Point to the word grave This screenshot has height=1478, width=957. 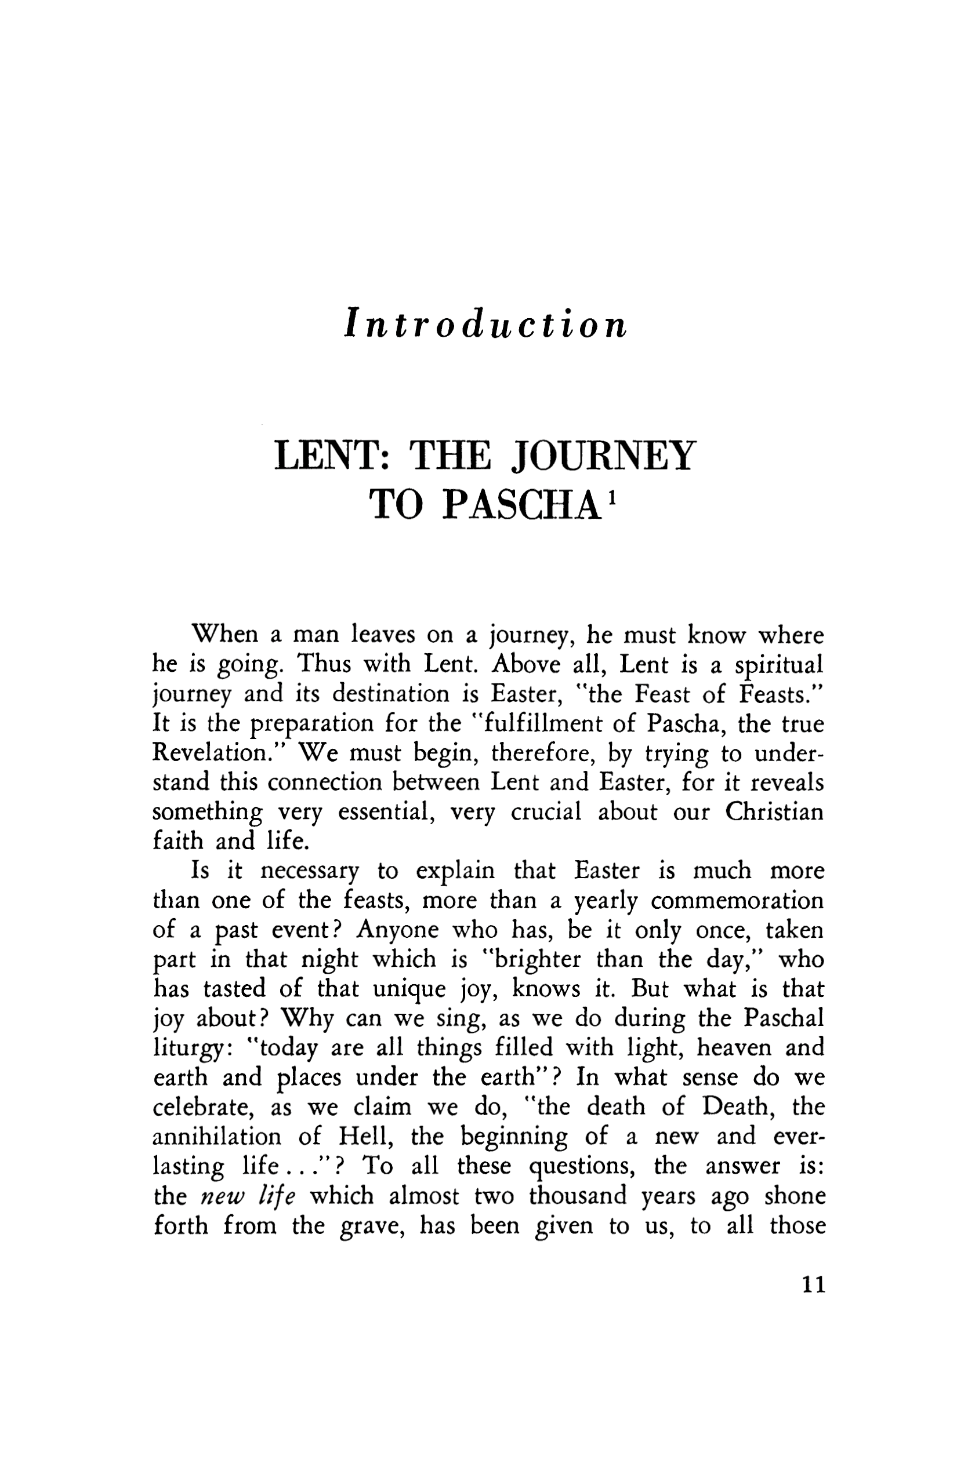pos(371,1226)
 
